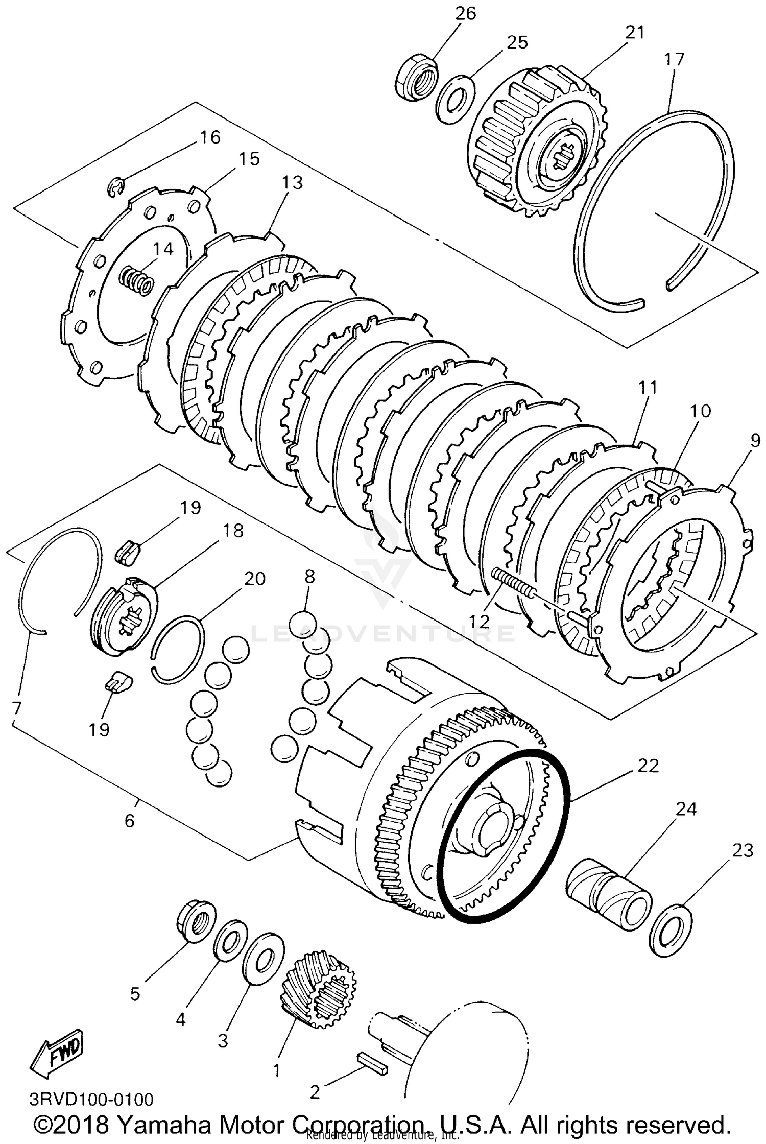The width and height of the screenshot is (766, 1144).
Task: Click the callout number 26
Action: pos(465,13)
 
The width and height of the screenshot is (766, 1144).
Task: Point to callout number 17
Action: pos(674,59)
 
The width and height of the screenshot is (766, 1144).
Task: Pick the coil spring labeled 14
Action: pos(136,280)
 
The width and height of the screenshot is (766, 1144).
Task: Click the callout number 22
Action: pos(648,766)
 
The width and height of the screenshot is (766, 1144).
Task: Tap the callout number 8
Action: pos(309,577)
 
